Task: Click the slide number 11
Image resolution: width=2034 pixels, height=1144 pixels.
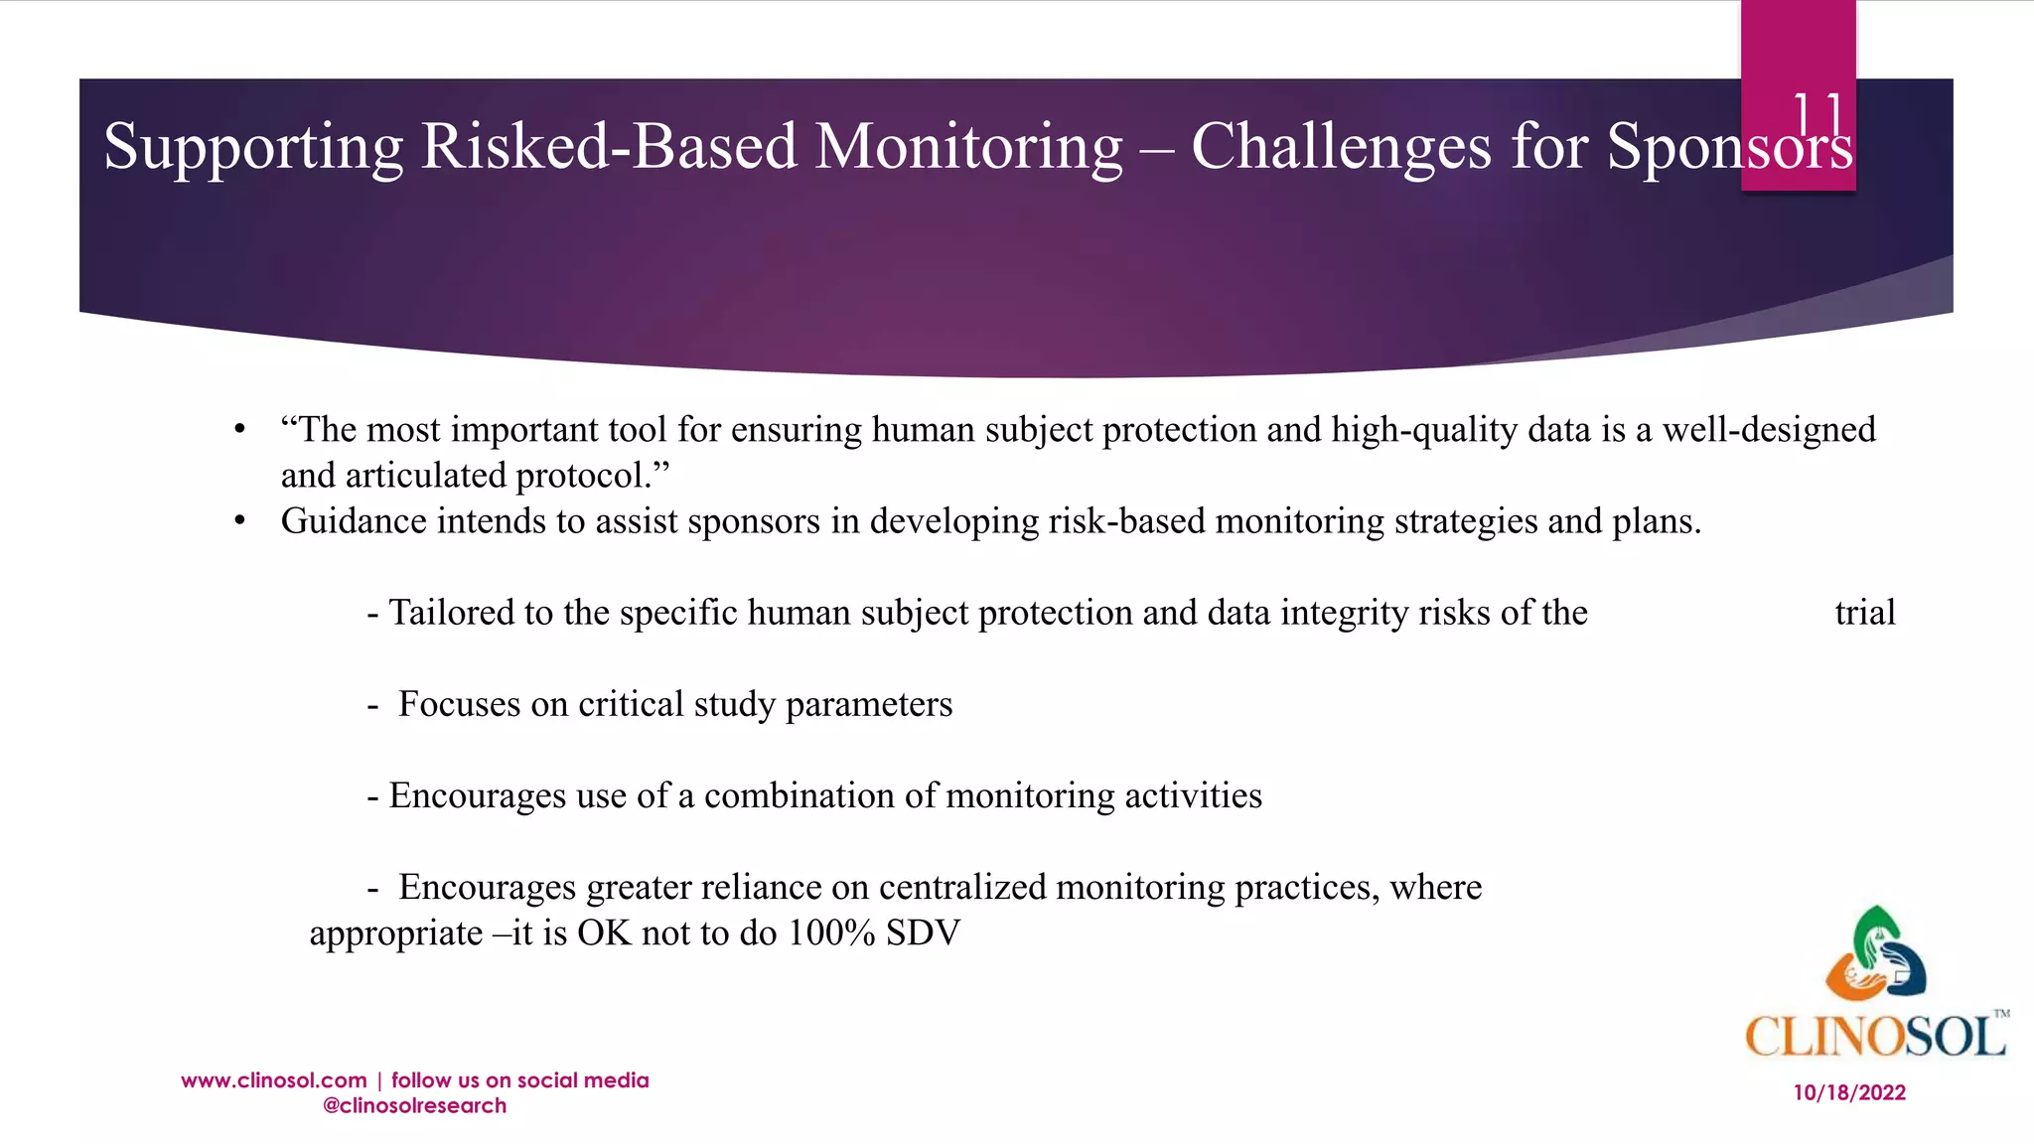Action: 1817,114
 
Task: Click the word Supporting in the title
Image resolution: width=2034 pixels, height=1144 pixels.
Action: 253,147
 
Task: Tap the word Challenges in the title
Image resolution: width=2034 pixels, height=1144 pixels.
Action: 1341,147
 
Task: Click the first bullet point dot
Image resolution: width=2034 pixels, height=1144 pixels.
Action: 239,430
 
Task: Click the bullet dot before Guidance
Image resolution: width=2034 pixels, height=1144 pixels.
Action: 239,521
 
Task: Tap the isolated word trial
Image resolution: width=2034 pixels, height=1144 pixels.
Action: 1864,613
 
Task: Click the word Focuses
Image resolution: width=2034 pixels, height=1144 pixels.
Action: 459,704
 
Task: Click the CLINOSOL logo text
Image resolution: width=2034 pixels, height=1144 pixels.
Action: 1875,1037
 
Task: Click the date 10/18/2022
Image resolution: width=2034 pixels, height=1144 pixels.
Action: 1849,1093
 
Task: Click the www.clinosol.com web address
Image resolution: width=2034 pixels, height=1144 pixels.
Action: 274,1080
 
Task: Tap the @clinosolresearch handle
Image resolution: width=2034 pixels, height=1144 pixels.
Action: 414,1106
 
